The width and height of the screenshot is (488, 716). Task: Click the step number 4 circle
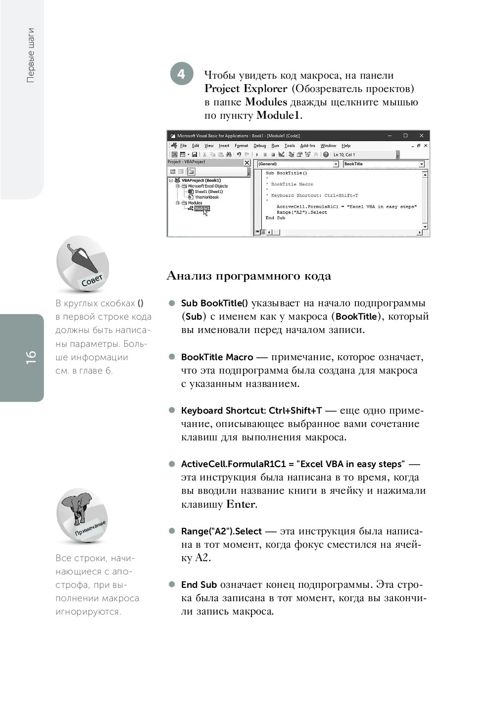click(182, 74)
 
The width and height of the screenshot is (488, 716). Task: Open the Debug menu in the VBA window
click(260, 146)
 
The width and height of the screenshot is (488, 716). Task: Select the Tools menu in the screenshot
click(290, 146)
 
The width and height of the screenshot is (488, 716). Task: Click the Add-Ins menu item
click(307, 146)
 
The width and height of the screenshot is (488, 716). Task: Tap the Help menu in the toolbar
click(346, 146)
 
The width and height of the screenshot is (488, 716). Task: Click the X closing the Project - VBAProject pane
click(247, 162)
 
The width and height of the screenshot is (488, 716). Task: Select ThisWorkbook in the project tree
click(206, 197)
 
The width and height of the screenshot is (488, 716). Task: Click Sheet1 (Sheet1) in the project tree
click(208, 191)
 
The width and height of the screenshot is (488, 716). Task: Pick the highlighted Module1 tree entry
click(201, 208)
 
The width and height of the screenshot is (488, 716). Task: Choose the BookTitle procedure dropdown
click(384, 164)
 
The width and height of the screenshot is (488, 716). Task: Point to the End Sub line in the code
click(275, 218)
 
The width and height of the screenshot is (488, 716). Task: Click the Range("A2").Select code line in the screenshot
click(302, 212)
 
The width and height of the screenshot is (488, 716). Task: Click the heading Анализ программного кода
click(249, 276)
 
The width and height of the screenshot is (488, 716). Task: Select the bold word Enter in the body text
click(241, 505)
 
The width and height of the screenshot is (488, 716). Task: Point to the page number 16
click(31, 357)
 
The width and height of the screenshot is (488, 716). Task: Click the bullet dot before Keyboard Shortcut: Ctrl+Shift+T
click(172, 410)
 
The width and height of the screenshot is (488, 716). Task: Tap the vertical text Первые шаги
click(31, 55)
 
